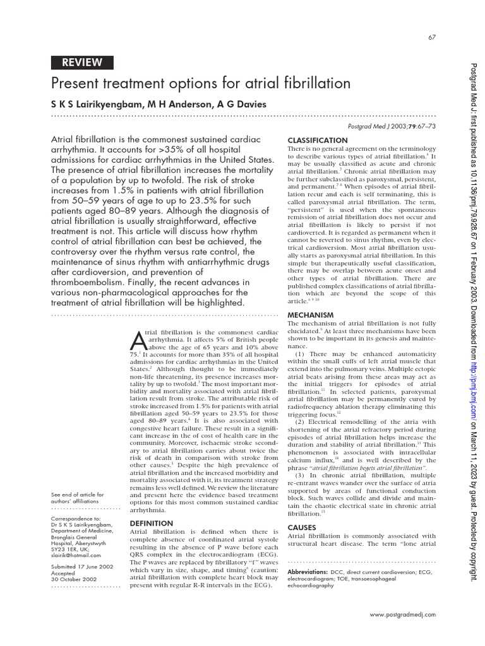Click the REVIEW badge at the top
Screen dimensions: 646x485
tap(82, 62)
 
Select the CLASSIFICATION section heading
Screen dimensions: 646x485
tap(317, 139)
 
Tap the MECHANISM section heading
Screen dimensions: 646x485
tap(311, 314)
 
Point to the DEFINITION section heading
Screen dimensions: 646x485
tap(151, 523)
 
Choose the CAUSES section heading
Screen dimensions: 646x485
tap(302, 527)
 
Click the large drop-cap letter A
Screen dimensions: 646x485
tap(138, 341)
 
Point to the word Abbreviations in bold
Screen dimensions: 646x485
tap(308, 570)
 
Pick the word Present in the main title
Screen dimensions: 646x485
tap(75, 83)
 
